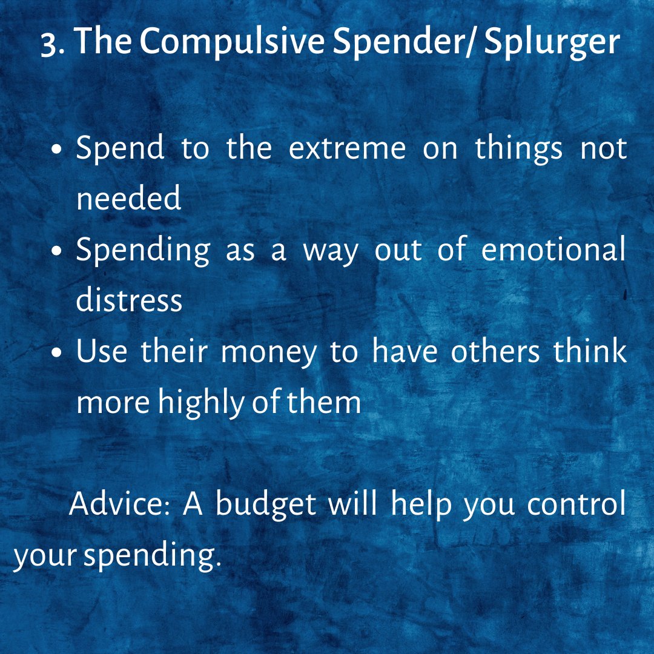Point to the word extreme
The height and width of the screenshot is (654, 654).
[347, 149]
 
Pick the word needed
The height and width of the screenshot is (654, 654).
[129, 197]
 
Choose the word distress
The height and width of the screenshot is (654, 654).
[129, 299]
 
